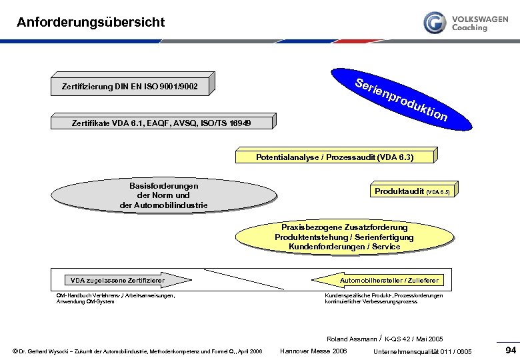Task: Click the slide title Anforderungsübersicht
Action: pos(91,22)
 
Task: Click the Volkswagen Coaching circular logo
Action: pos(435,22)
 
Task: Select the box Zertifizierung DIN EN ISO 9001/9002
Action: pos(129,87)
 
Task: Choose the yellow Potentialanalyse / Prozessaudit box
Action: pos(335,157)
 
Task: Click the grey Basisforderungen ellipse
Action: pos(163,195)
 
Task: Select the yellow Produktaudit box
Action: pos(412,191)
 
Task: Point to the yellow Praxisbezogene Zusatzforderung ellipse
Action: pos(344,237)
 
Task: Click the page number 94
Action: pos(511,350)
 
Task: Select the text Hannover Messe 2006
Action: pos(313,351)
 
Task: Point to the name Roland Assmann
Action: pos(351,339)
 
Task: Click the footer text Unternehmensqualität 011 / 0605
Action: pos(423,351)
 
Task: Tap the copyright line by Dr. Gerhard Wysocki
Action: pos(137,351)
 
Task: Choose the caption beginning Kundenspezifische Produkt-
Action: pos(383,298)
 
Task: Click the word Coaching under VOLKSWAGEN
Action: pos(469,28)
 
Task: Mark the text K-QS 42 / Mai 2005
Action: pos(414,339)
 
